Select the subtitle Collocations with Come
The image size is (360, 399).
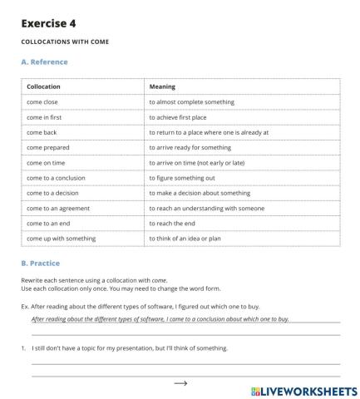pos(64,42)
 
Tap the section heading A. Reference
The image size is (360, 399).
pos(44,62)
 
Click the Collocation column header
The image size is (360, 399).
pos(43,86)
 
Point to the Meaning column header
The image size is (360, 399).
pos(161,86)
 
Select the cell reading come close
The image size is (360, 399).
pos(42,102)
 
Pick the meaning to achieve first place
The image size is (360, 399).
pos(182,117)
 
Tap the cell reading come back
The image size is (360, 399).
pos(42,132)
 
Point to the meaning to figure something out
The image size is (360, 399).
pos(182,178)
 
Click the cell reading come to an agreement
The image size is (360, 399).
pos(57,208)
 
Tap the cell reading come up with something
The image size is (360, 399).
pos(61,239)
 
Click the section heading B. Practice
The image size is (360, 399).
pos(40,264)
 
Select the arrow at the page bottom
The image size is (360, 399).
pos(180,383)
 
